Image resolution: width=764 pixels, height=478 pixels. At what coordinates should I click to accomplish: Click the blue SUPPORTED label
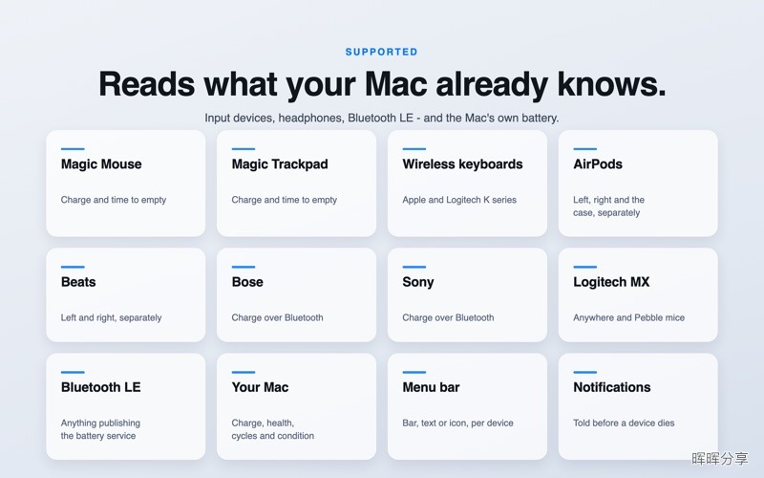click(381, 52)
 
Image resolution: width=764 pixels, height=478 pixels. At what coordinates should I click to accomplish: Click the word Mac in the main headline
click(396, 84)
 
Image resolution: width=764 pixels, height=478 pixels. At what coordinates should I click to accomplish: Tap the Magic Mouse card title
click(101, 164)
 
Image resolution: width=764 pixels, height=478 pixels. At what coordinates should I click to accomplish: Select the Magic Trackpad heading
click(280, 164)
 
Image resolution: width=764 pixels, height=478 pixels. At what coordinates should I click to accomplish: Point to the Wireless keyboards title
click(462, 164)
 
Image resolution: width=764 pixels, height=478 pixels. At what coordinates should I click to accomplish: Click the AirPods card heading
click(598, 164)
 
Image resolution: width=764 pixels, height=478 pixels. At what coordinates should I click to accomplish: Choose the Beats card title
click(78, 282)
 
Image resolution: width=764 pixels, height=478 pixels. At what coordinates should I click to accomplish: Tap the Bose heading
click(247, 282)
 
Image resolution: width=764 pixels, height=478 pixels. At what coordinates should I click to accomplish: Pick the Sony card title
click(418, 282)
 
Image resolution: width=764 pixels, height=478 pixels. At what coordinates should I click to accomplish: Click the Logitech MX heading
click(611, 282)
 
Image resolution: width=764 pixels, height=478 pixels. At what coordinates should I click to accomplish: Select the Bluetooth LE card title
click(101, 387)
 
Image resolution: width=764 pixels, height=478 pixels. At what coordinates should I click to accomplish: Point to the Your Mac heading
click(260, 387)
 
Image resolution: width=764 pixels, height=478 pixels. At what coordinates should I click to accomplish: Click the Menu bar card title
click(432, 387)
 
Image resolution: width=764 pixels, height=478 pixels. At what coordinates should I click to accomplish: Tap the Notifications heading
click(612, 387)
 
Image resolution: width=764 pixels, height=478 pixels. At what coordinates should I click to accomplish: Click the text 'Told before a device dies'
click(624, 423)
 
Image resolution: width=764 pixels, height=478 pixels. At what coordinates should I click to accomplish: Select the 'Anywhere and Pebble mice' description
click(629, 317)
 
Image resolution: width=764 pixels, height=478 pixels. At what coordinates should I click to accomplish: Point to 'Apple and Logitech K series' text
click(459, 200)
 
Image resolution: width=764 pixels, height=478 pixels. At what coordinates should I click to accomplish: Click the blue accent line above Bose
click(244, 267)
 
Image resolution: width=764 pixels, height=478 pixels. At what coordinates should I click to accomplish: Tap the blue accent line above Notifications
click(585, 372)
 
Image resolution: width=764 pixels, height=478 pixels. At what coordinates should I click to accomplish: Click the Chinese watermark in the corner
click(720, 459)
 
